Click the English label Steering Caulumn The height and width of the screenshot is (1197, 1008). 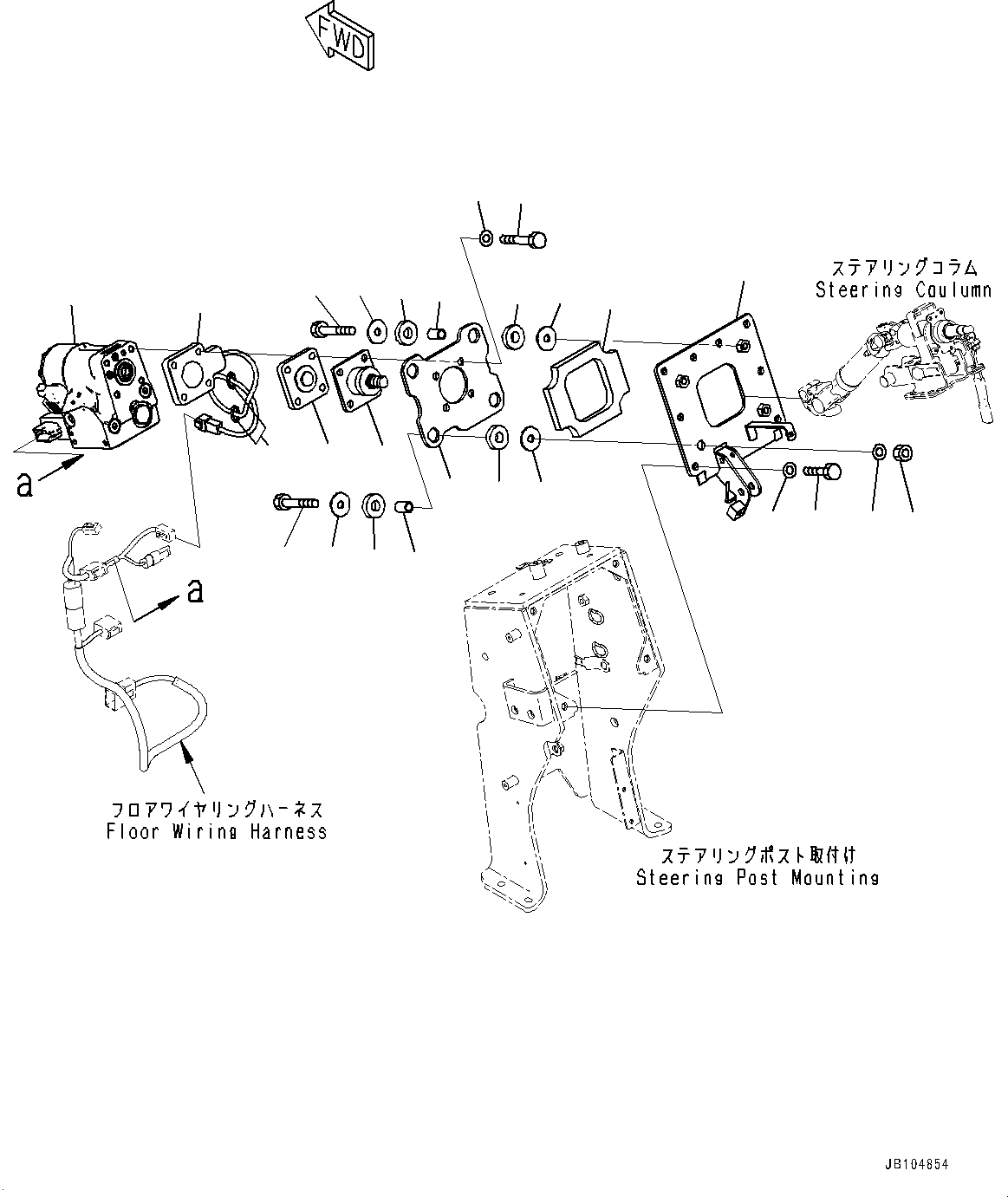click(x=903, y=290)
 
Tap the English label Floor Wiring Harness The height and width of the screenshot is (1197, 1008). click(x=217, y=832)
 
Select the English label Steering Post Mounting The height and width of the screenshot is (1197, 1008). click(x=758, y=878)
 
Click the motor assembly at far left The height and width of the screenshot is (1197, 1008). click(x=97, y=395)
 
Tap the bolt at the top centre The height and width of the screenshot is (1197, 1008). click(x=524, y=238)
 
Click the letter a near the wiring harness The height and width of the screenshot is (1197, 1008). click(x=196, y=591)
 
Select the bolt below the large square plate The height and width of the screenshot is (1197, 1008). click(x=820, y=472)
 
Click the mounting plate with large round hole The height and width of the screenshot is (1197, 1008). click(x=452, y=387)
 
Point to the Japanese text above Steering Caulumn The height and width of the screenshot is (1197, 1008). click(x=904, y=268)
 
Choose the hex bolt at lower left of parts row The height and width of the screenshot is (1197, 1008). click(x=295, y=501)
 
